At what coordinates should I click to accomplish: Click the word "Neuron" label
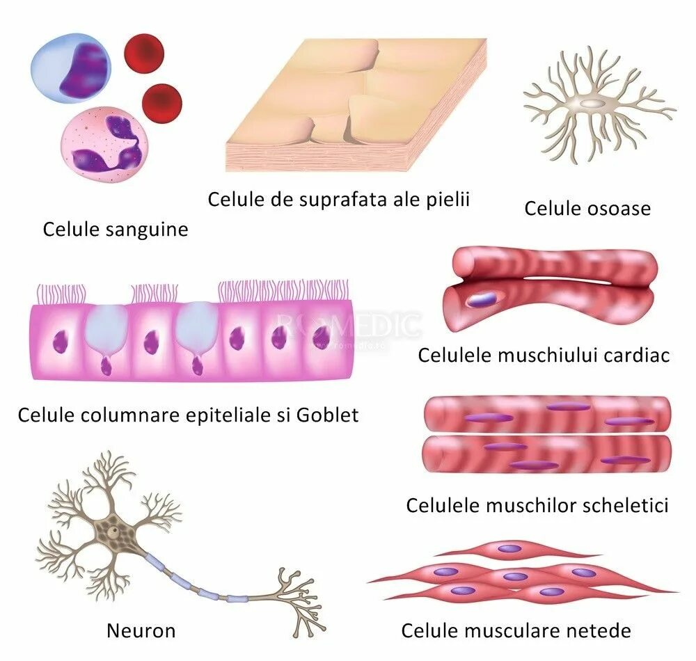[141, 630]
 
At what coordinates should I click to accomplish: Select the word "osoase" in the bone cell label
[617, 208]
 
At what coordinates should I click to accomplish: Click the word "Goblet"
[327, 415]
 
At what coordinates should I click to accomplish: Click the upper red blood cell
[144, 55]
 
